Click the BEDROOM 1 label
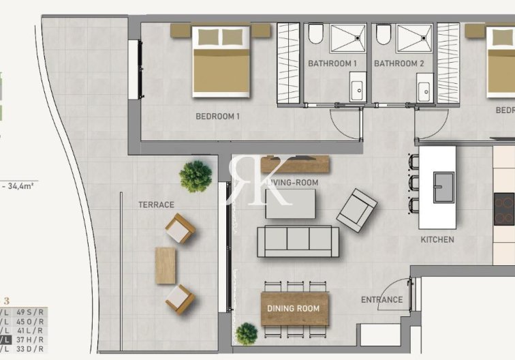[x=218, y=117]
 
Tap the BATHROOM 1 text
[x=332, y=63]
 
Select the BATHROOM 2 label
[x=399, y=63]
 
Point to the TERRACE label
[x=157, y=205]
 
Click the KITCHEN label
[x=437, y=240]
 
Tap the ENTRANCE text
[x=381, y=299]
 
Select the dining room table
[x=294, y=309]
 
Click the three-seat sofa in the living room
[x=298, y=241]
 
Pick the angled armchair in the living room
[x=356, y=210]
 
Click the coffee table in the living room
[x=291, y=203]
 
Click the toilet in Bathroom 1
[x=316, y=34]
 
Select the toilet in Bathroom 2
[x=384, y=34]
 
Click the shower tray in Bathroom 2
[x=414, y=38]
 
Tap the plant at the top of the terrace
[x=196, y=176]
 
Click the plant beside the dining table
[x=247, y=333]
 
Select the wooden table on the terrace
[x=166, y=265]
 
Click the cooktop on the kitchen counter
[x=504, y=209]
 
